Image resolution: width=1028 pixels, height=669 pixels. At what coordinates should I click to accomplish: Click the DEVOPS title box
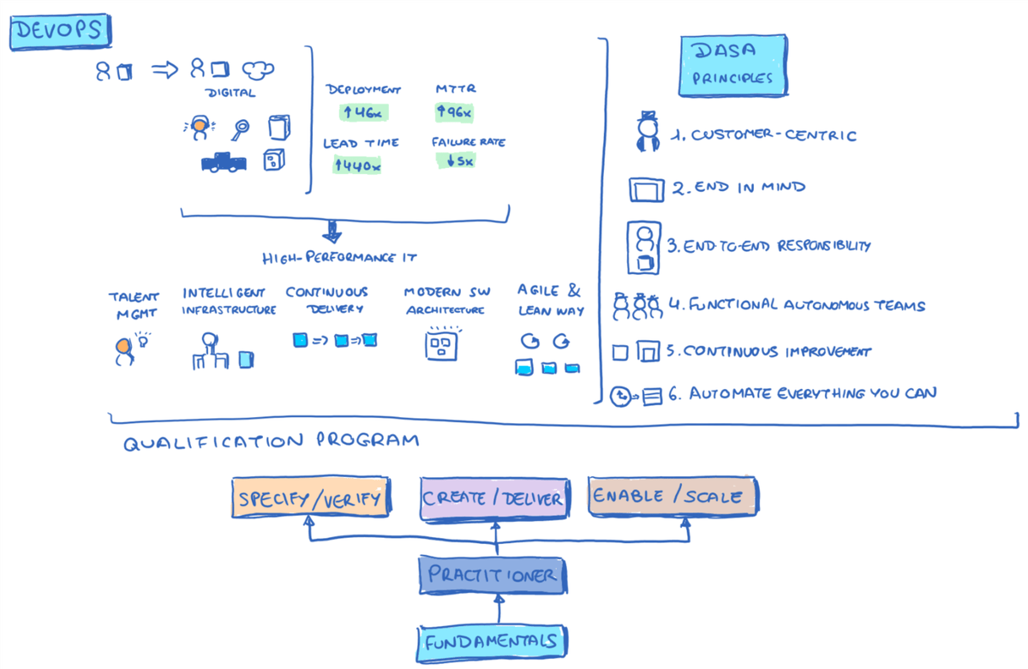coord(59,32)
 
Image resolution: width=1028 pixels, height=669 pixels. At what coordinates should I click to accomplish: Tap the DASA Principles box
coord(732,65)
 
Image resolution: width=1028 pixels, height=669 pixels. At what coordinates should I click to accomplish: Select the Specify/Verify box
coord(311,499)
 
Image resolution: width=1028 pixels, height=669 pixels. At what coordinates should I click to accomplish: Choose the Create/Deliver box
coord(494,499)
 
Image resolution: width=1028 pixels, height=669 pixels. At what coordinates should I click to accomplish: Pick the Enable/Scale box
coord(673,496)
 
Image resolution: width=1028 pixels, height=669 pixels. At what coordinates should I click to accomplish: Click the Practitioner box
coord(493,576)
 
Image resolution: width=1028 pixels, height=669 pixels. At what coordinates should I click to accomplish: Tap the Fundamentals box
coord(493,639)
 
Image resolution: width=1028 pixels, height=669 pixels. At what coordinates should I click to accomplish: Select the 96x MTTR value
coord(454,112)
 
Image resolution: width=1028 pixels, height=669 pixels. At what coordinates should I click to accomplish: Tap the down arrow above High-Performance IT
coord(332,232)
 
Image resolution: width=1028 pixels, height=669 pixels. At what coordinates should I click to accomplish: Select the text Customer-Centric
coord(774,135)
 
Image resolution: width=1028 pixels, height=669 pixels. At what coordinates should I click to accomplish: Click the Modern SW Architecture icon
coord(443,344)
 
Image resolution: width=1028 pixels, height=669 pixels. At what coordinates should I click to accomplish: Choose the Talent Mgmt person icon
coord(124,349)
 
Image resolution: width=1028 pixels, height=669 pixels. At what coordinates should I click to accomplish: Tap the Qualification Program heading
coord(271,442)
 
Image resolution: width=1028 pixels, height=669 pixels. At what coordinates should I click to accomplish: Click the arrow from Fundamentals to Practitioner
coord(496,610)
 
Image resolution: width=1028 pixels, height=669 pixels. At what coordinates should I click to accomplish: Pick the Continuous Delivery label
coord(326,300)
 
